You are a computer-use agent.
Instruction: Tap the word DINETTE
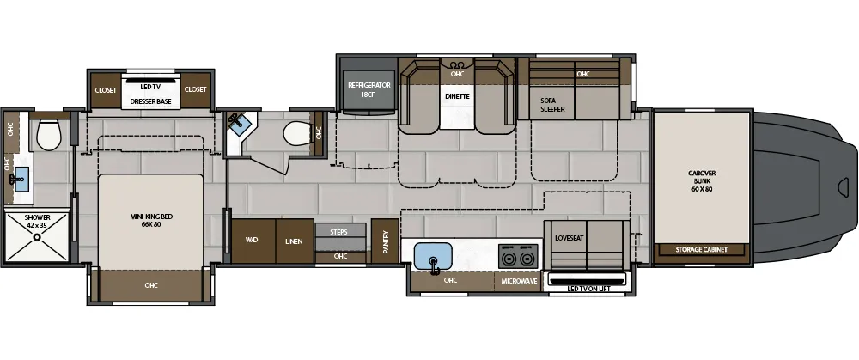(457, 96)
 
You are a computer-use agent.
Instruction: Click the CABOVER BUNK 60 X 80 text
(702, 181)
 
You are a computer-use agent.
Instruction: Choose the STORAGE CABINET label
(702, 250)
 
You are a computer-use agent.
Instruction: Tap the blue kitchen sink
(433, 256)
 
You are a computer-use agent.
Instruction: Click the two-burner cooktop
(518, 256)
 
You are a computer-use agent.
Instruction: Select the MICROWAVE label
(519, 280)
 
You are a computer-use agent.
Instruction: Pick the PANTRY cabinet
(386, 241)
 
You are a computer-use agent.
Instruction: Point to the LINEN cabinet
(294, 241)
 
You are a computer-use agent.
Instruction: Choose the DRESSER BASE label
(150, 101)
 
